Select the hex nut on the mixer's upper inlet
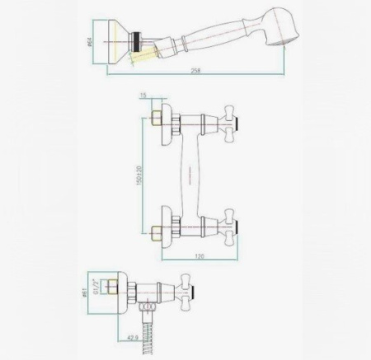coord(154,122)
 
